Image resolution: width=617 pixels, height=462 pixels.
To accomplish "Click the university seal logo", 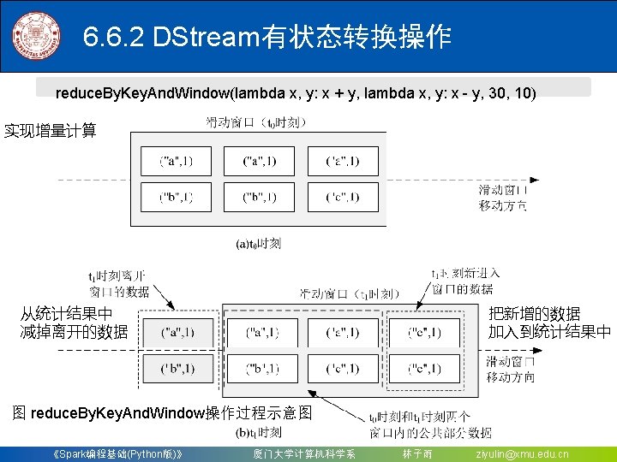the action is point(37,36).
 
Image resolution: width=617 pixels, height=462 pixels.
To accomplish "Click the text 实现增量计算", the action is point(51,131).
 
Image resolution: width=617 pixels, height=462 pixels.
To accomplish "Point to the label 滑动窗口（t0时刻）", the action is point(255,122).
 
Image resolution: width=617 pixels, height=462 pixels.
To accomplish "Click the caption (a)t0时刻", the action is point(258,244).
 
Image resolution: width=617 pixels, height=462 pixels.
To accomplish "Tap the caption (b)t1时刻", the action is point(258,432).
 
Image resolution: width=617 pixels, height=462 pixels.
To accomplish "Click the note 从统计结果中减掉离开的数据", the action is point(74,323).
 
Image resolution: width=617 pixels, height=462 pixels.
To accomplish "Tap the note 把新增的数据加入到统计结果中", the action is point(549,323).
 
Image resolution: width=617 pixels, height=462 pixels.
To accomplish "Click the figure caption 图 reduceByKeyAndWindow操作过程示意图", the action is point(162,413).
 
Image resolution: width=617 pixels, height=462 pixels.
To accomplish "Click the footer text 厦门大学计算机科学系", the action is point(304,453).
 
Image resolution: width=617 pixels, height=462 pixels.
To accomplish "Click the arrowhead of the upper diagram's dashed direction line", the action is point(535,180).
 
